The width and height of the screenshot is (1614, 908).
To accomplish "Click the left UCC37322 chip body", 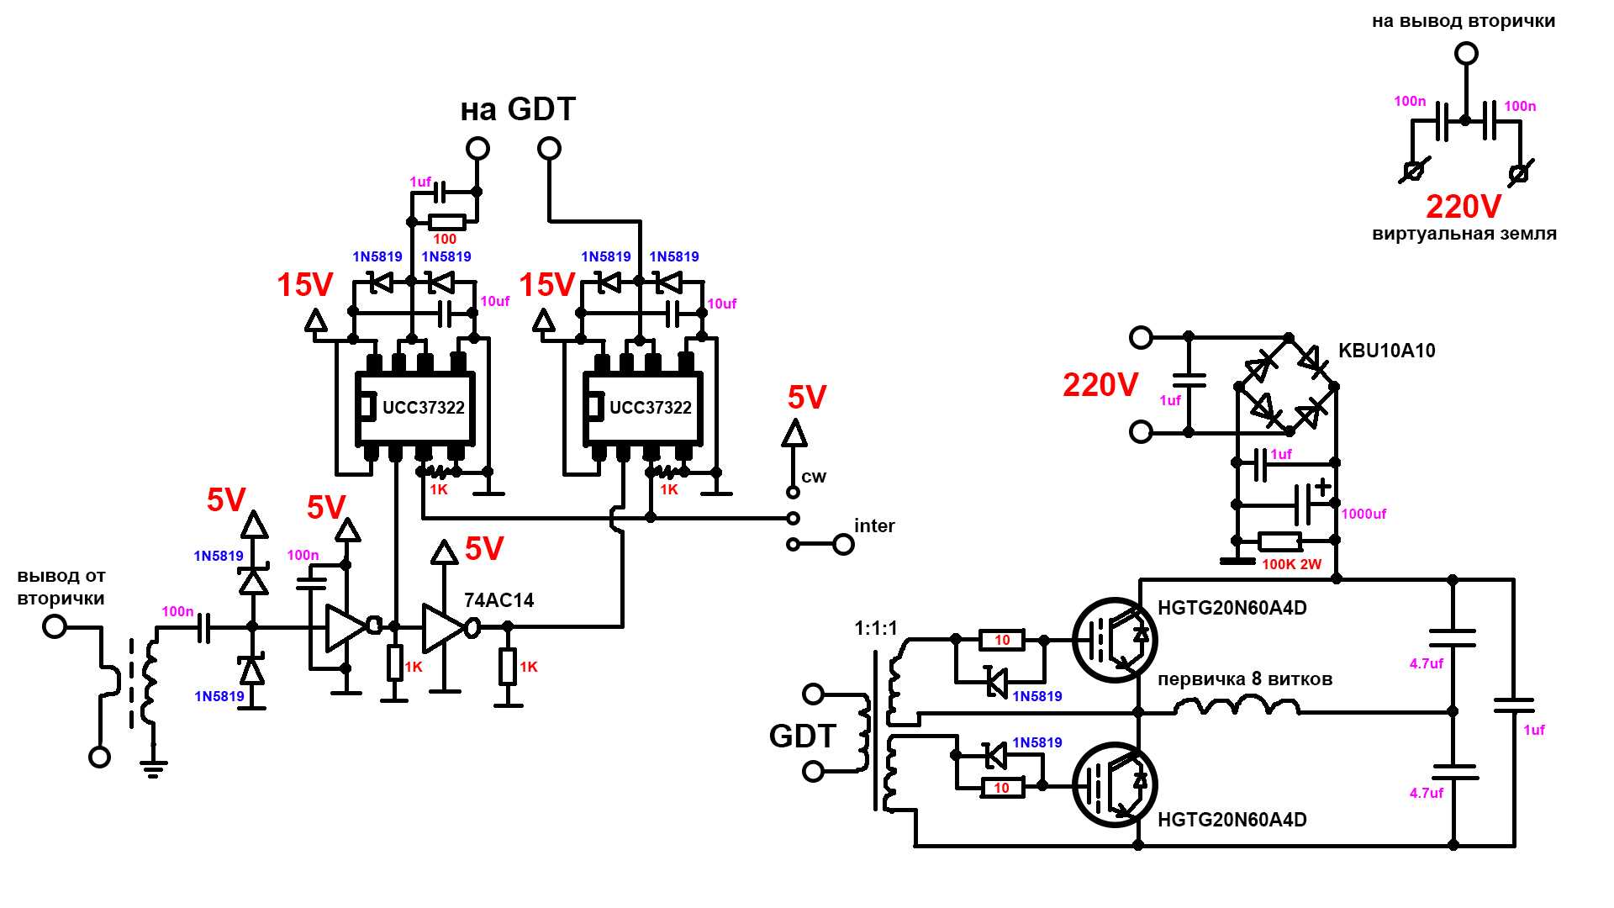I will click(x=415, y=408).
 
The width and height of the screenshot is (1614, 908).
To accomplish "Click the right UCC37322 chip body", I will click(x=643, y=408).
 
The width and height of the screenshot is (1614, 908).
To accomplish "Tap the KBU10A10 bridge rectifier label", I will click(x=1386, y=351).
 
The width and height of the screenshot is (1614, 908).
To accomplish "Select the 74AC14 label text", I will click(x=498, y=600).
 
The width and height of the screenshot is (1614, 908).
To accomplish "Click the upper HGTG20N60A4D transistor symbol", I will click(x=1115, y=640).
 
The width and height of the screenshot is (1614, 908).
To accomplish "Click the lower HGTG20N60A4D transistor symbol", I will click(x=1115, y=784).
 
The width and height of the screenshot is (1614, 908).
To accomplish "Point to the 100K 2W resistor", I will click(x=1279, y=541).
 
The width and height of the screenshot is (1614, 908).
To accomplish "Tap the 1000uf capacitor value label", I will click(x=1363, y=514).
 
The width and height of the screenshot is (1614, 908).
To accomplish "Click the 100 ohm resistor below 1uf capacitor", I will click(x=446, y=223).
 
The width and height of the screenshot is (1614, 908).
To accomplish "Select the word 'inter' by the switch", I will click(x=874, y=526).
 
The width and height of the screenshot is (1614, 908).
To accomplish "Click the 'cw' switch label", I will click(x=814, y=477).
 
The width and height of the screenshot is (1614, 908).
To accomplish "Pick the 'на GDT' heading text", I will click(x=518, y=109).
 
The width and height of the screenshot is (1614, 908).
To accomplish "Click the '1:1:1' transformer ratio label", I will click(x=876, y=628).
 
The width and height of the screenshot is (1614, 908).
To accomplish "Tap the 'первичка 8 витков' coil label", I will click(x=1245, y=679).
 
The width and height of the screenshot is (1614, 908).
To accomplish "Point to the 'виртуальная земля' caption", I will click(x=1464, y=234).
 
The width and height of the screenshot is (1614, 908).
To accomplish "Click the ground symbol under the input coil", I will click(x=153, y=767).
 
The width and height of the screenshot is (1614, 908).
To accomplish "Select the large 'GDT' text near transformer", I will click(x=802, y=736).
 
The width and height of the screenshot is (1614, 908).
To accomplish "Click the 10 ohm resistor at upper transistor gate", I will click(x=1002, y=641).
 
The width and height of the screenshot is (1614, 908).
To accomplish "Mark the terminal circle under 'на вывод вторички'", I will click(x=1466, y=54).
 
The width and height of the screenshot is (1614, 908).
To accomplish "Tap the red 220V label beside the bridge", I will click(x=1100, y=385).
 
